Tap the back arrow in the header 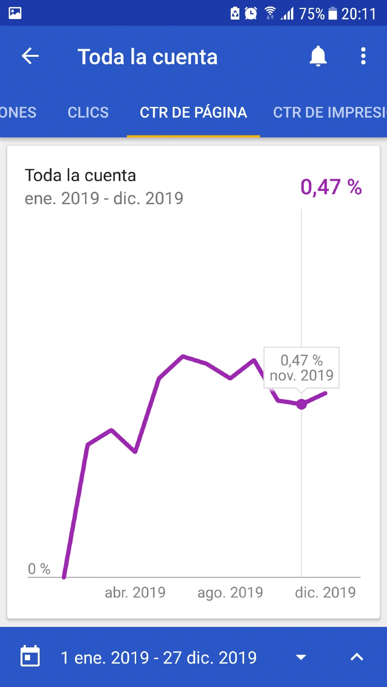coord(30,56)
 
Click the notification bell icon coord(318,56)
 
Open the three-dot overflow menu coord(363,56)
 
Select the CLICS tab coord(88,112)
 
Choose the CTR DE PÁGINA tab coord(193,112)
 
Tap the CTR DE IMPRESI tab coord(330,112)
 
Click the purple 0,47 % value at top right coord(331,187)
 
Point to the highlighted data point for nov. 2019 coord(301,404)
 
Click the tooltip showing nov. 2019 coord(301,367)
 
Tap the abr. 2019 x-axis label coord(135,593)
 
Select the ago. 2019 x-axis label coord(230,593)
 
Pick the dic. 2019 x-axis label coord(325,593)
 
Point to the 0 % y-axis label coord(39,569)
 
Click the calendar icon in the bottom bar coord(30,657)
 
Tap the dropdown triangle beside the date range coord(301,657)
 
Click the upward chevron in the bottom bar coord(356,657)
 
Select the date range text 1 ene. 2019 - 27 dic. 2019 coord(159,657)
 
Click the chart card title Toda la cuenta coord(80,175)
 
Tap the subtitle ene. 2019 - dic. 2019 coord(104,198)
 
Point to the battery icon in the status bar coord(333,14)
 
